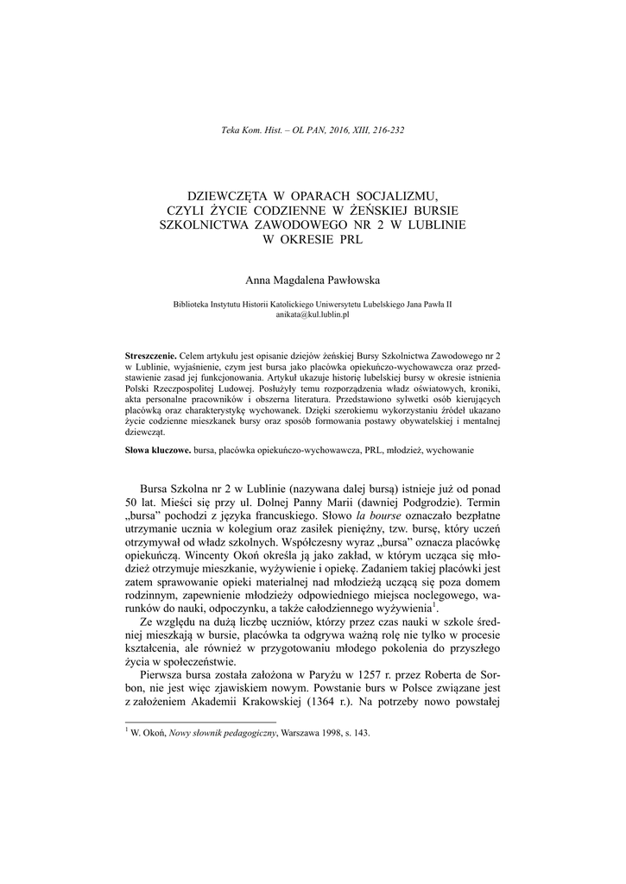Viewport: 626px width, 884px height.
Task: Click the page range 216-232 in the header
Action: pyautogui.click(x=387, y=130)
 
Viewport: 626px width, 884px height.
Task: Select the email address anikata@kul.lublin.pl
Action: pyautogui.click(x=313, y=317)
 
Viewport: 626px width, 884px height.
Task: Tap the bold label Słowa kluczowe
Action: pyautogui.click(x=158, y=451)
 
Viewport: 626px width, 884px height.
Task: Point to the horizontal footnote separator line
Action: pyautogui.click(x=200, y=720)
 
